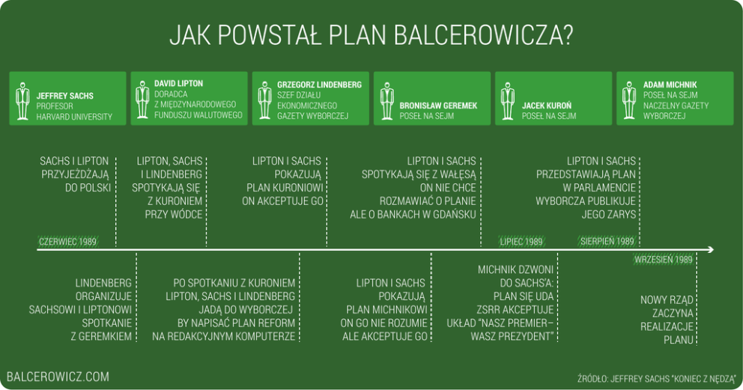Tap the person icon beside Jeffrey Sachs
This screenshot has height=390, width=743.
22,98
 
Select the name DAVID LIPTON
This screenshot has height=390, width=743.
178,83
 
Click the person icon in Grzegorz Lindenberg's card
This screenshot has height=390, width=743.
264,98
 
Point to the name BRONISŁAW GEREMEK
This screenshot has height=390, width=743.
438,106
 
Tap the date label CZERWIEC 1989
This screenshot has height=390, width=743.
68,241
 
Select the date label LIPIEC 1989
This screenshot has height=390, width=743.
521,241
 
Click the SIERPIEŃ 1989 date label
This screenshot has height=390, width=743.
607,241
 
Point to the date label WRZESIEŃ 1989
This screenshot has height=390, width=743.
663,260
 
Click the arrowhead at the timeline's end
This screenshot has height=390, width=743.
709,249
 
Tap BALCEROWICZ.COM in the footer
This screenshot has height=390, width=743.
58,377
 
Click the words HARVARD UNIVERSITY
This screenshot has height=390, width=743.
74,117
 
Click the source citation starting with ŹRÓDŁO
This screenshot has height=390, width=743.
657,378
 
